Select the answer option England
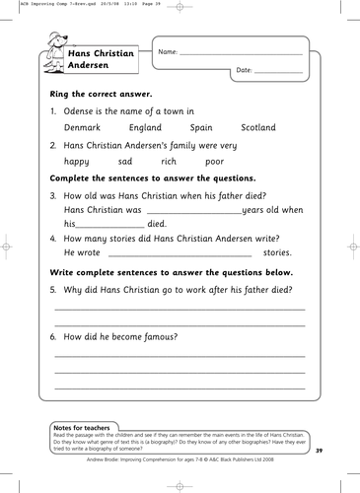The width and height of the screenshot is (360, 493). (x=145, y=128)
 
